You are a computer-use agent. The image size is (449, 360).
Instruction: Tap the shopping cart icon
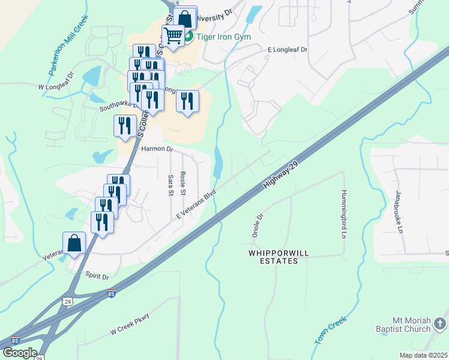[173, 37]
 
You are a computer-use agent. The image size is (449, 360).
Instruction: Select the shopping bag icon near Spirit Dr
[74, 244]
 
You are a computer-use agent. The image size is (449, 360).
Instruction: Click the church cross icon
[440, 325]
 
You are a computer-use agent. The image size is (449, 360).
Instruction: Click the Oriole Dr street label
[258, 226]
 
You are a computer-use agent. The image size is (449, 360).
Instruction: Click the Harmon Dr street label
[157, 149]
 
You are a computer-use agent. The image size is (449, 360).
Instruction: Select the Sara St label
[170, 185]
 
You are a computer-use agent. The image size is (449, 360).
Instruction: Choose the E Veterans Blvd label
[196, 205]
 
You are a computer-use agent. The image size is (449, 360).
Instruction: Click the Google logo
[20, 353]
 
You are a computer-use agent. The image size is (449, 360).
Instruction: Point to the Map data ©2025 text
[423, 355]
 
